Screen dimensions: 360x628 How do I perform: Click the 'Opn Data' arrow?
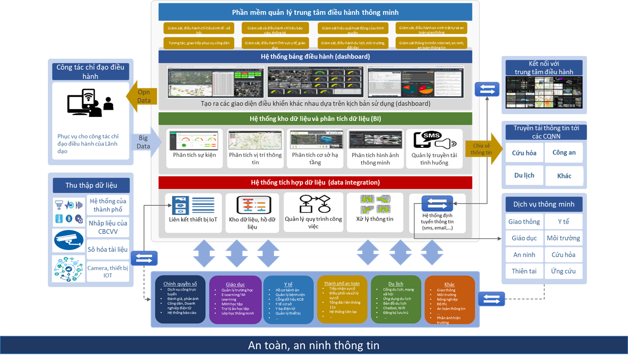click(141, 96)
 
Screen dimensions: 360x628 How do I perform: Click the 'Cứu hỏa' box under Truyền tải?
click(524, 153)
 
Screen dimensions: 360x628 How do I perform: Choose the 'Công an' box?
click(564, 152)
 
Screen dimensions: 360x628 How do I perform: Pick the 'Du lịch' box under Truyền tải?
click(524, 175)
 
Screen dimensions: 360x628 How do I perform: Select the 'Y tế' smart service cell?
click(563, 221)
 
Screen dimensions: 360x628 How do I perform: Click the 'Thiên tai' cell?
click(524, 271)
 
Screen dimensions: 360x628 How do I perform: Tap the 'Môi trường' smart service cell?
click(563, 238)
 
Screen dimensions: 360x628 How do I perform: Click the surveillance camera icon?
click(68, 240)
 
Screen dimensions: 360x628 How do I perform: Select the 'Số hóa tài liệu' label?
click(108, 249)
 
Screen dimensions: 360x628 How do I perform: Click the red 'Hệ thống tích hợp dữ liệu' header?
click(315, 182)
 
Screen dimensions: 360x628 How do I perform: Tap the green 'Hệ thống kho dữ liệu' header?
click(315, 118)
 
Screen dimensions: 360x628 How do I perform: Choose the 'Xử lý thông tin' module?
click(375, 212)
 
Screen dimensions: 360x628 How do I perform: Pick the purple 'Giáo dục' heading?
click(235, 284)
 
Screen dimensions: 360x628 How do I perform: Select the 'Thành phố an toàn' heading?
click(342, 284)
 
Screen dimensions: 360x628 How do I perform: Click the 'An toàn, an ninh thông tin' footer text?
click(314, 346)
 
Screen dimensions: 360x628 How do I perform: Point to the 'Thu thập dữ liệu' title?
click(91, 185)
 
